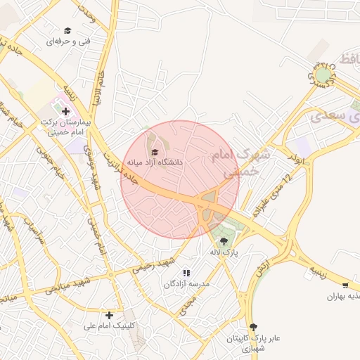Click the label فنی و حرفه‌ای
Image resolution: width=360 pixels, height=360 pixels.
69,41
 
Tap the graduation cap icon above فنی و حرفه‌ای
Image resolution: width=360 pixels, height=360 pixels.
67,30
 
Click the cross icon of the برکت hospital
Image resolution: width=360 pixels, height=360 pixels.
65,111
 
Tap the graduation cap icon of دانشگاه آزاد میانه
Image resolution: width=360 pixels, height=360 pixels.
155,152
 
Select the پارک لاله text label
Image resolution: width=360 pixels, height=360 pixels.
224,251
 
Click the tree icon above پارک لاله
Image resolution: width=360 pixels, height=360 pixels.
224,241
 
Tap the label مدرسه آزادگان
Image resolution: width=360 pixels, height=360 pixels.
187,283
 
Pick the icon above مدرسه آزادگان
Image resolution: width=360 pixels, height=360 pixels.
186,273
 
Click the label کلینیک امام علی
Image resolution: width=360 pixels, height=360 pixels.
109,326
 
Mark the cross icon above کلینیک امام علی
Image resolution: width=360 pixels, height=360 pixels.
109,315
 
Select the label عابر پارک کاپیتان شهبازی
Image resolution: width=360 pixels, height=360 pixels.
253,343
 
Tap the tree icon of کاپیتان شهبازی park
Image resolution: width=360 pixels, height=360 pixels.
254,327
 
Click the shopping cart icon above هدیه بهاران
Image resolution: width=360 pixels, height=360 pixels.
345,285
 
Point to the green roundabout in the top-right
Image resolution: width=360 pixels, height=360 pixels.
323,73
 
